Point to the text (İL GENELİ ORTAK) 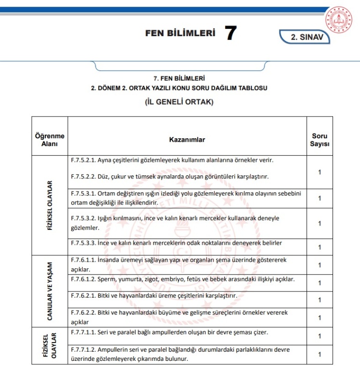[179, 102]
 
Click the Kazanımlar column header [187, 139]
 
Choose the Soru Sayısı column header [320, 140]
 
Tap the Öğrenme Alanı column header [50, 140]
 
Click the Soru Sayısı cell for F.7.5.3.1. [320, 198]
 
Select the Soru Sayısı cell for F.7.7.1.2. [320, 354]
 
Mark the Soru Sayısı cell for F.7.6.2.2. [320, 317]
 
